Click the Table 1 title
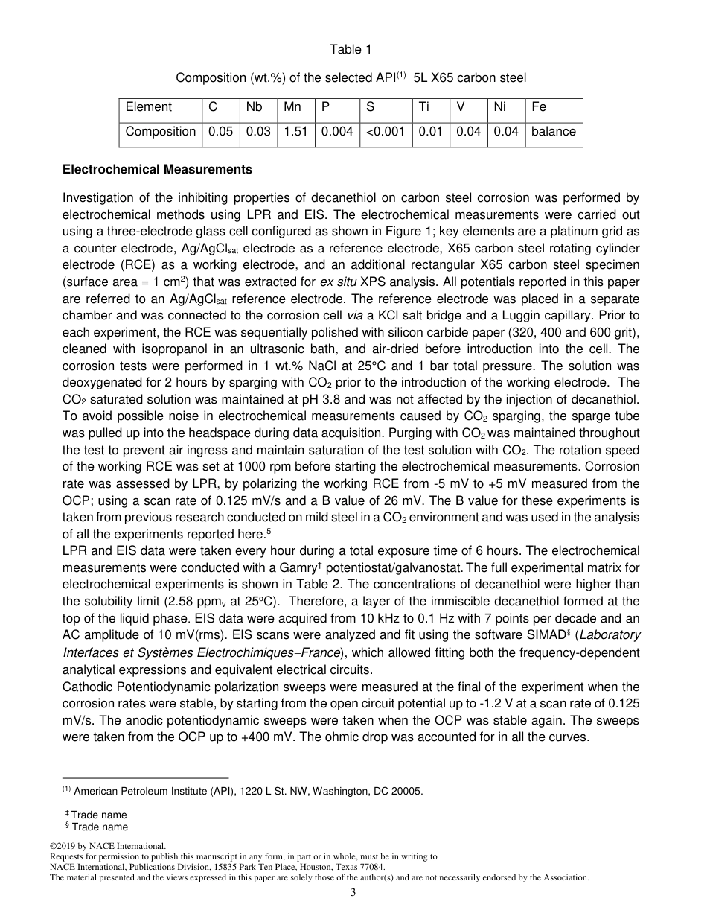[x=351, y=50]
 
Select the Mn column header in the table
[x=292, y=107]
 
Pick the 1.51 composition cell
[x=295, y=132]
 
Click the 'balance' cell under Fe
[x=553, y=132]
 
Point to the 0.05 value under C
[x=220, y=132]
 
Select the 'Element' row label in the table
[x=149, y=107]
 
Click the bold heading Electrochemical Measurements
[x=157, y=170]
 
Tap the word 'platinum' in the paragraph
[x=569, y=231]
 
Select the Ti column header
[x=424, y=107]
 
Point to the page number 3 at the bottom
[x=353, y=893]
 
